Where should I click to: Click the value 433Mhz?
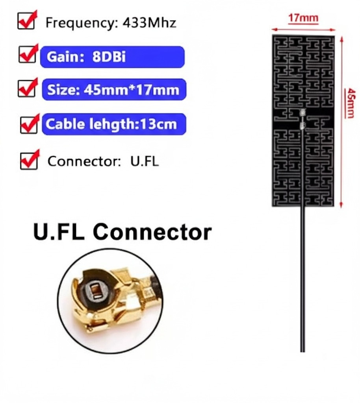[x=149, y=23]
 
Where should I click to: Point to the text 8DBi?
[x=109, y=57]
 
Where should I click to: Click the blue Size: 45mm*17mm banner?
[x=113, y=90]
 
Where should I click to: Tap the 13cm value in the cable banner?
[x=160, y=124]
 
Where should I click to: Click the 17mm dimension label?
[x=303, y=18]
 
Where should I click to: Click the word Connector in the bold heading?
[x=152, y=232]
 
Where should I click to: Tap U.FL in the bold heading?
[x=59, y=232]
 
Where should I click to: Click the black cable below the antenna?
[x=302, y=283]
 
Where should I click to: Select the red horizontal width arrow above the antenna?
[x=303, y=29]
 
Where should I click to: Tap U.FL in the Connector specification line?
[x=144, y=161]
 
